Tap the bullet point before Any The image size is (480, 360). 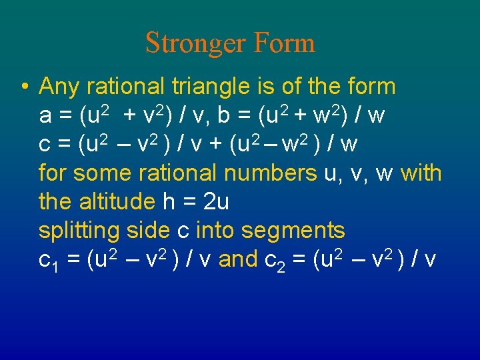coord(23,87)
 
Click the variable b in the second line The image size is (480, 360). coord(224,115)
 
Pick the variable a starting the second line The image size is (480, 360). coord(46,117)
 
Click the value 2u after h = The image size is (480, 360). coord(215,202)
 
